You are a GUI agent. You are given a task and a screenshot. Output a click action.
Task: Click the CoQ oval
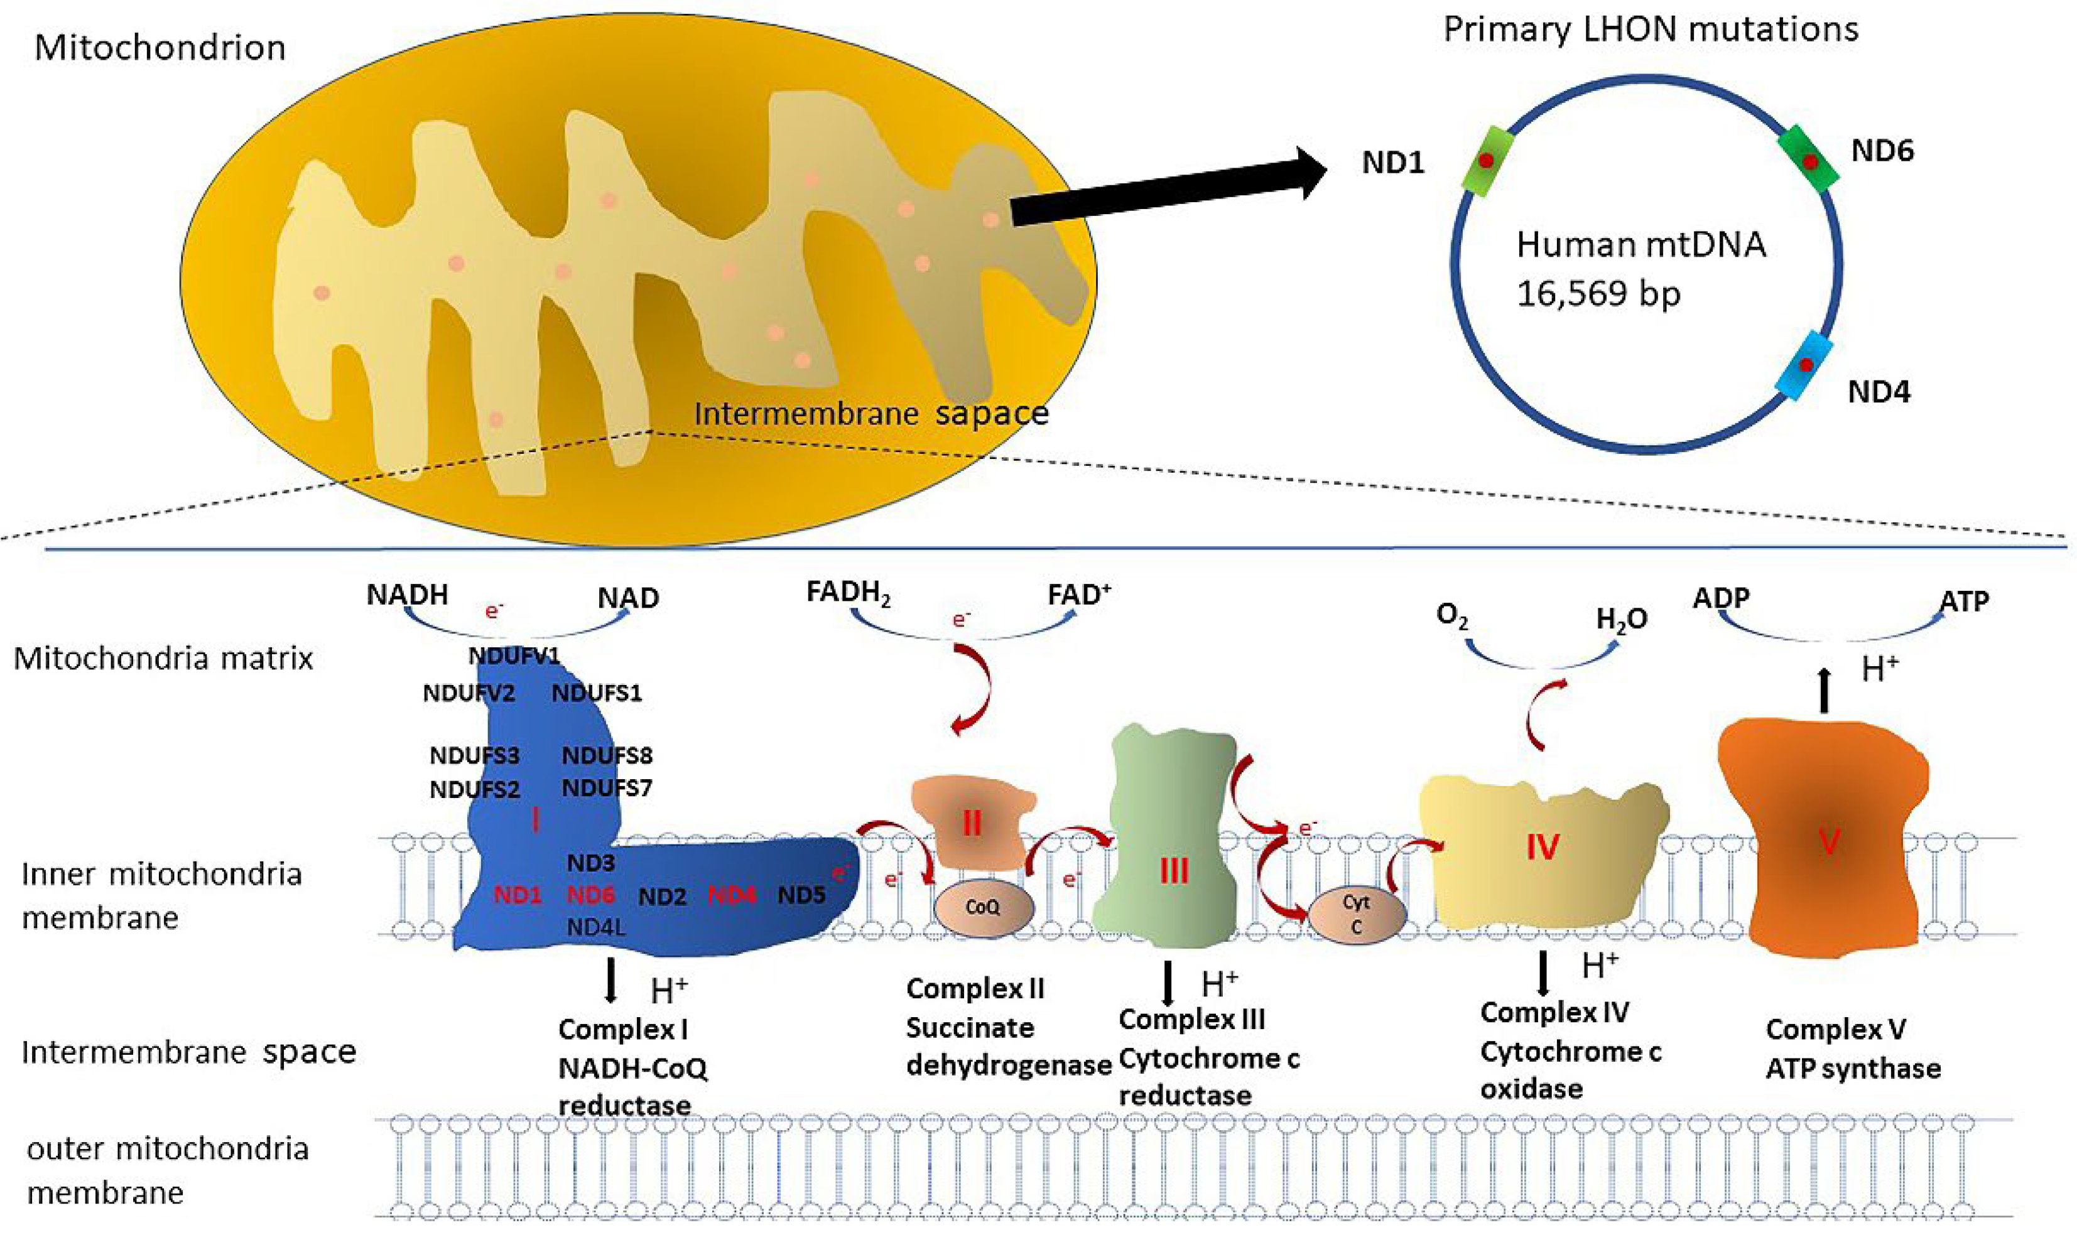coord(983,908)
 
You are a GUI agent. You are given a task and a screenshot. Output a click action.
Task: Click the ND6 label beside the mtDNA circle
coord(1882,151)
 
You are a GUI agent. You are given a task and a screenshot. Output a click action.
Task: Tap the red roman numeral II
coord(972,824)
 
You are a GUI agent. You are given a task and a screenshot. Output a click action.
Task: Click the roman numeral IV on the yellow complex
coord(1543,847)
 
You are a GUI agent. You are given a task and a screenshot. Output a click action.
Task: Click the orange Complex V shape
coord(1823,841)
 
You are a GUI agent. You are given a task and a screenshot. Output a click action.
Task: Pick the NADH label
coord(407,595)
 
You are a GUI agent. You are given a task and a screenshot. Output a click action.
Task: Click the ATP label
coord(1964,601)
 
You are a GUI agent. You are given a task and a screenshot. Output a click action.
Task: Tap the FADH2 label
coord(847,593)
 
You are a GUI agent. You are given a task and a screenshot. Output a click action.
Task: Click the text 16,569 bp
coord(1598,293)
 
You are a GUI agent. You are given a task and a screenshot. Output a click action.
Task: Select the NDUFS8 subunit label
coord(607,756)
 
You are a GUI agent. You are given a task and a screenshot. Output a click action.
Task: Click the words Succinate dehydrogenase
coord(1007,1047)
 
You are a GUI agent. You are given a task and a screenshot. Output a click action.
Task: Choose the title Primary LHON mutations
coord(1650,30)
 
